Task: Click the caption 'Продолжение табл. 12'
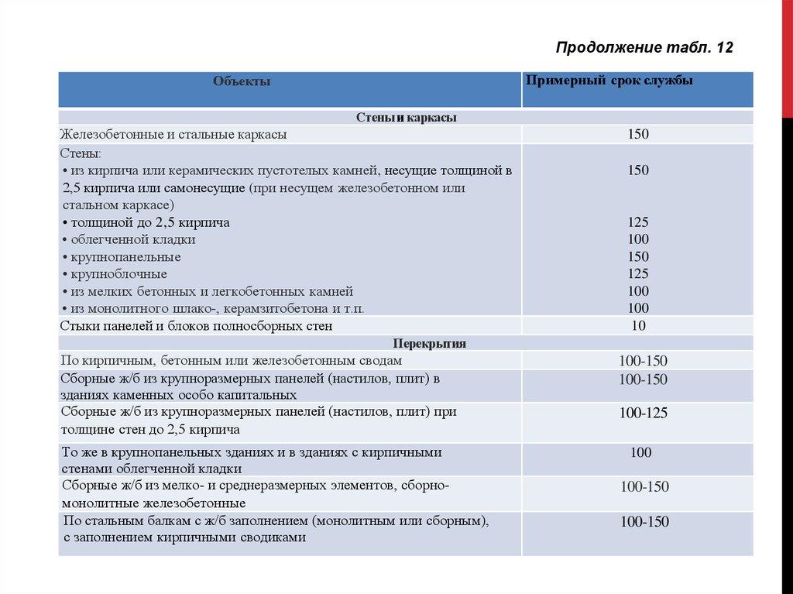(x=644, y=48)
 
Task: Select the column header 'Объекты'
(x=242, y=81)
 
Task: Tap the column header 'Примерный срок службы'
(x=609, y=81)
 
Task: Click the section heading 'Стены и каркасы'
(x=406, y=118)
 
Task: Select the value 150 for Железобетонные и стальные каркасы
(x=639, y=134)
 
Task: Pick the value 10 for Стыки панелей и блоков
(x=639, y=326)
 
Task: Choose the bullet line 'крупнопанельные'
(x=125, y=256)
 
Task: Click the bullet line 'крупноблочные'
(x=118, y=273)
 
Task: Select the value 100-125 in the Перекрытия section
(x=643, y=413)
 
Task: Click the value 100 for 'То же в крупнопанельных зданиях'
(x=640, y=452)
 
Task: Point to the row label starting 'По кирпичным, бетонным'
(x=231, y=360)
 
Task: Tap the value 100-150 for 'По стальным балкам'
(x=644, y=522)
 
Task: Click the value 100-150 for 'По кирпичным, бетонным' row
(x=643, y=361)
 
